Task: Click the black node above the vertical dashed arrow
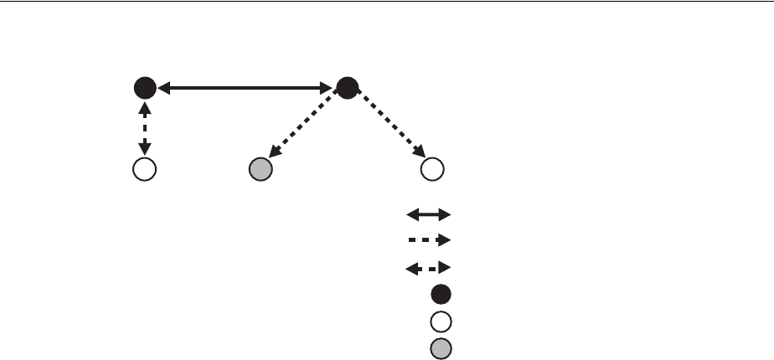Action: coord(145,86)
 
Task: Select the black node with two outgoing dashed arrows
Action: coord(347,86)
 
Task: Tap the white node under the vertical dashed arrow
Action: coord(145,169)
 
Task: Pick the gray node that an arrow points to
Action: coord(261,169)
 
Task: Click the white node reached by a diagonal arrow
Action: coord(431,169)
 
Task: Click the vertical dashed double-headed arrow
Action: coord(145,127)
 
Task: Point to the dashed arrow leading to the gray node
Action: coord(303,128)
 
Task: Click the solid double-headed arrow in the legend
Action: coord(428,214)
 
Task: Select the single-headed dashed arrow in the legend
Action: coord(428,240)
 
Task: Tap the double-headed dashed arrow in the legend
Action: coord(428,268)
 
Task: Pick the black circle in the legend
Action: coord(441,294)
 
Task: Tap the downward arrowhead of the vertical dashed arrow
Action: coord(145,151)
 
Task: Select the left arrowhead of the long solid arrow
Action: coord(163,86)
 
